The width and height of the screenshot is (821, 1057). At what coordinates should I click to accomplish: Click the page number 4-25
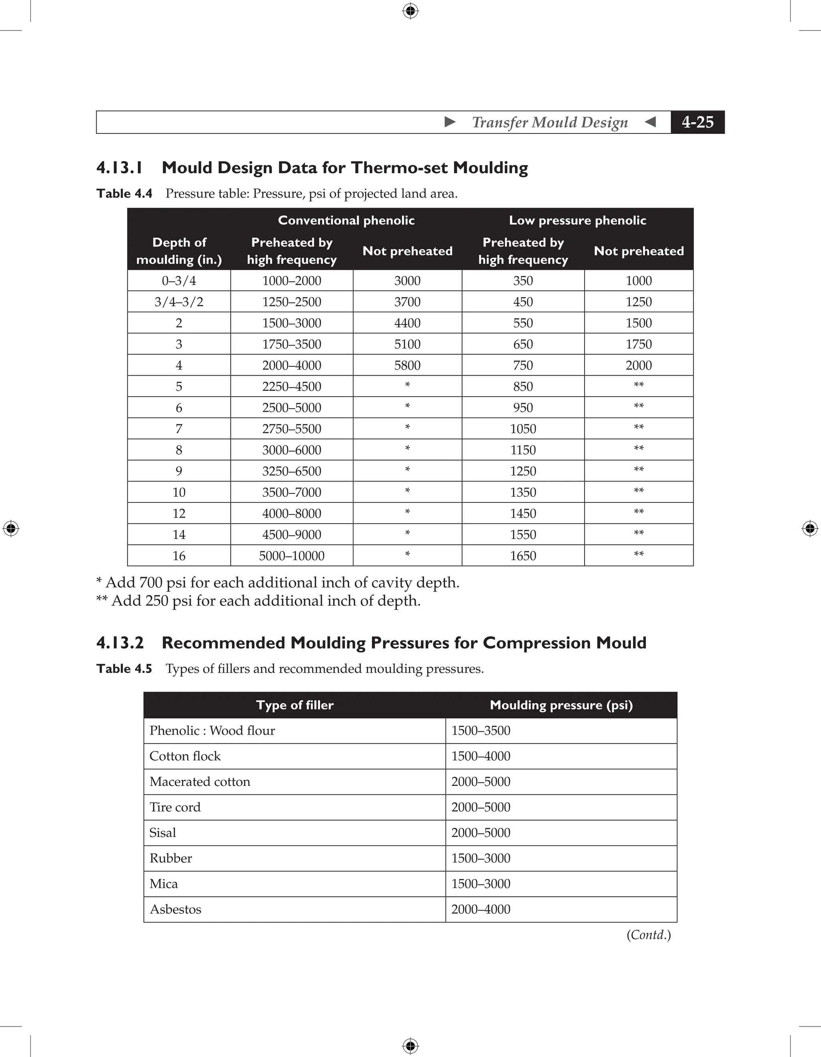tap(697, 122)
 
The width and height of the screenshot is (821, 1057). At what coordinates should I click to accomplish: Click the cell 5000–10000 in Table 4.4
tap(291, 556)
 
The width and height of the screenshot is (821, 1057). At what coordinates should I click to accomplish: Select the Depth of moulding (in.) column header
tap(179, 251)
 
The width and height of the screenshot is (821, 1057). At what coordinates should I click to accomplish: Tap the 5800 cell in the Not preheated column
tap(407, 365)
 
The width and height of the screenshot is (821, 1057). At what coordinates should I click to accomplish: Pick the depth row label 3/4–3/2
tap(179, 302)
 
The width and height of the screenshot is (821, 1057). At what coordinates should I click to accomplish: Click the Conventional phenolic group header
tap(346, 220)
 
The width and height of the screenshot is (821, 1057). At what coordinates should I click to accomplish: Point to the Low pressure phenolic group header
tap(577, 220)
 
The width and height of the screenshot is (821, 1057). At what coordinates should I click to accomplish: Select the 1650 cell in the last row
tap(523, 556)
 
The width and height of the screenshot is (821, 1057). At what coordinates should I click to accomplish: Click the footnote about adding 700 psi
tap(278, 582)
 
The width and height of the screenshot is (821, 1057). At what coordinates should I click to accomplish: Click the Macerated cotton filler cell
tap(200, 782)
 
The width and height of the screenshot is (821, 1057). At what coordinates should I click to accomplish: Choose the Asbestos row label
tap(175, 909)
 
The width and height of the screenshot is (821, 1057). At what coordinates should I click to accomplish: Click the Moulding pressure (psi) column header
tap(561, 705)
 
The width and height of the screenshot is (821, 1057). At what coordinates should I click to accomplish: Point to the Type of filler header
tap(295, 705)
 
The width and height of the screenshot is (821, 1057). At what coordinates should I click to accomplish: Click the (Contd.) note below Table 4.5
tap(648, 935)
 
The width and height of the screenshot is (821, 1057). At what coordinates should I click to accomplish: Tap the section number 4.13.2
tap(120, 643)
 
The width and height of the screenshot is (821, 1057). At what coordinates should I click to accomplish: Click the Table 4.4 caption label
tap(124, 194)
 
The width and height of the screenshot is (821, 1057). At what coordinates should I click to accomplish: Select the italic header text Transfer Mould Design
tap(550, 122)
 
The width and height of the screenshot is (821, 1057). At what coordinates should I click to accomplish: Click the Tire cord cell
tap(175, 807)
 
